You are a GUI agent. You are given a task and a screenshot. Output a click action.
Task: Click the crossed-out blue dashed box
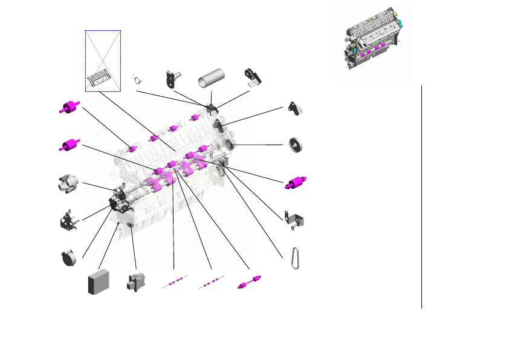[x=103, y=61]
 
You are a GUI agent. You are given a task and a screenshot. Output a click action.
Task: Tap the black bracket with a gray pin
[x=173, y=79]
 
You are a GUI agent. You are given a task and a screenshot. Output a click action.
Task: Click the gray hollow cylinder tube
[x=210, y=80]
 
